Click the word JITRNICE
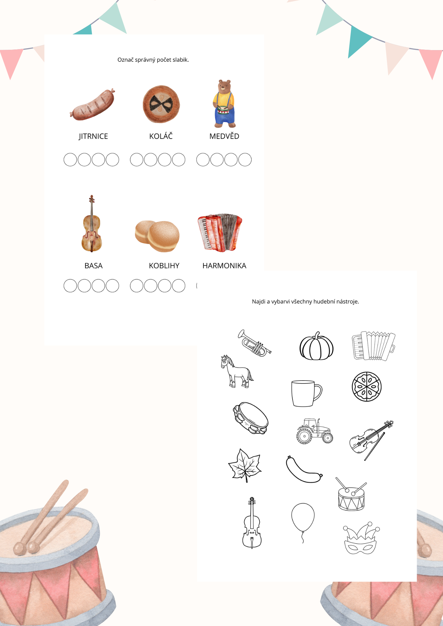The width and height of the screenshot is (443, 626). pyautogui.click(x=93, y=136)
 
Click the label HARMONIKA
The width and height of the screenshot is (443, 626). pyautogui.click(x=224, y=266)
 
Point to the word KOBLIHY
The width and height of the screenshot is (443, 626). pyautogui.click(x=164, y=266)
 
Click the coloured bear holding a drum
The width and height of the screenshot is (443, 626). pyautogui.click(x=224, y=104)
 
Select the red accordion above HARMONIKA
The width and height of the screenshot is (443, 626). pyautogui.click(x=220, y=233)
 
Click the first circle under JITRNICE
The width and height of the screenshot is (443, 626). pyautogui.click(x=70, y=160)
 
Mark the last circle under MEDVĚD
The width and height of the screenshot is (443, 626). pyautogui.click(x=245, y=160)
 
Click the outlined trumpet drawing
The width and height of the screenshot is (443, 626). pyautogui.click(x=254, y=343)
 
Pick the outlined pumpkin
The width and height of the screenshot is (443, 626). pyautogui.click(x=316, y=346)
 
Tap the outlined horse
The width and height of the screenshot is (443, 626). pyautogui.click(x=237, y=372)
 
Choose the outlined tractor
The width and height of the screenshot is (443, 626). pyautogui.click(x=315, y=431)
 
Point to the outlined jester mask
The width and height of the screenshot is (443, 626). pyautogui.click(x=361, y=538)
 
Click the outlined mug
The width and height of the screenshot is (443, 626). pyautogui.click(x=306, y=393)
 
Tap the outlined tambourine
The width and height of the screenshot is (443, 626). pyautogui.click(x=251, y=418)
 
